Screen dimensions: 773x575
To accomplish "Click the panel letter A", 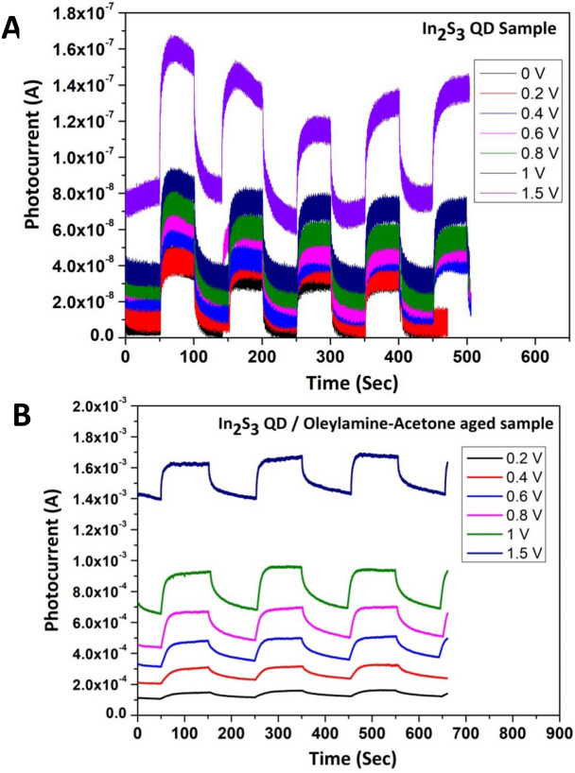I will [12, 27].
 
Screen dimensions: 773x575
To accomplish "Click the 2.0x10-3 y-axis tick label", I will [101, 407].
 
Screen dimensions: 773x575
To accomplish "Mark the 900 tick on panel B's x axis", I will [558, 732].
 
